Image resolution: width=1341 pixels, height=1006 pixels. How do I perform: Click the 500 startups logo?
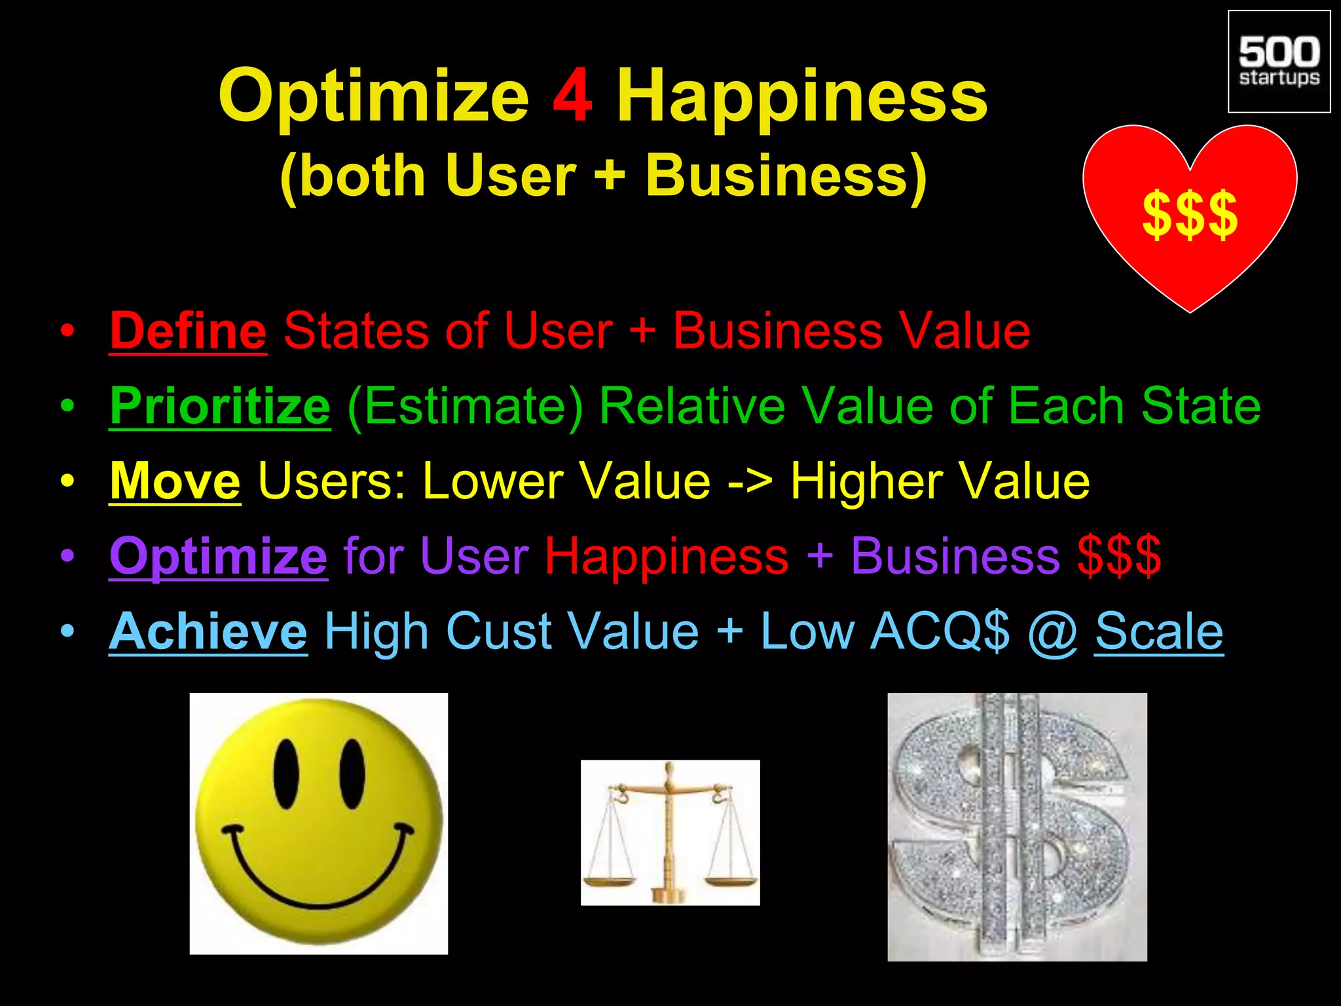tap(1279, 62)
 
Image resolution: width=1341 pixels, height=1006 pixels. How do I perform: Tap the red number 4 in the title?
tap(573, 97)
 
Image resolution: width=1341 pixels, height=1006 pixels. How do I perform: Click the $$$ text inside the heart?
tap(1190, 214)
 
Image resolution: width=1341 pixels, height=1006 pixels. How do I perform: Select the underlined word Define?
tap(188, 331)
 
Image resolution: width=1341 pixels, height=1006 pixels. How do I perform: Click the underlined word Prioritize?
tap(220, 406)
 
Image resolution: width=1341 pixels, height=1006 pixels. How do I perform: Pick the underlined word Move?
tap(175, 481)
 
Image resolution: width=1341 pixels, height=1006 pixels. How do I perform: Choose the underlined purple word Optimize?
tap(218, 556)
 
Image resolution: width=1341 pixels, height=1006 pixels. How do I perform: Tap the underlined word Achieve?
tap(208, 631)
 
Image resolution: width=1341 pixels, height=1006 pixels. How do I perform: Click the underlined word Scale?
tap(1159, 631)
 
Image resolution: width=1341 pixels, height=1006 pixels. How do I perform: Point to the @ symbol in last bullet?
tap(1052, 633)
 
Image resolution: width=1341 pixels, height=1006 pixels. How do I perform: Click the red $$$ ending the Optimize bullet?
tap(1119, 556)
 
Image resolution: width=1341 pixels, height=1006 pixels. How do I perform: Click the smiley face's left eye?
tap(286, 774)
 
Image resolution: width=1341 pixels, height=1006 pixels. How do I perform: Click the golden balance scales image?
tap(670, 832)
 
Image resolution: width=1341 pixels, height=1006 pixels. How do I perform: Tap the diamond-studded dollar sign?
tap(1016, 827)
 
